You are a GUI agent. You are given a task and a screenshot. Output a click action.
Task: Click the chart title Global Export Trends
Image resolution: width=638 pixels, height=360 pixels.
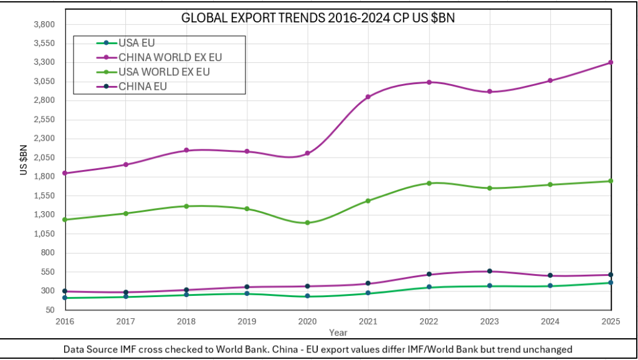coord(318,18)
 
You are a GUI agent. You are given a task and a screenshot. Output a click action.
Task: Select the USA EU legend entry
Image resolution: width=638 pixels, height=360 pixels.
coord(136,43)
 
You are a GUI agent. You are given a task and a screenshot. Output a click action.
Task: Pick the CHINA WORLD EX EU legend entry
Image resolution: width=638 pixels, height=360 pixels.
coord(170,57)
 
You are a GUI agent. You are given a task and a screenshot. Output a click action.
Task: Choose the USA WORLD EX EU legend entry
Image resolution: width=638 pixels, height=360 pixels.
coord(164,72)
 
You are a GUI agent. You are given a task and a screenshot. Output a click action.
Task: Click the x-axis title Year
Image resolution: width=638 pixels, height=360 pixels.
coord(338,332)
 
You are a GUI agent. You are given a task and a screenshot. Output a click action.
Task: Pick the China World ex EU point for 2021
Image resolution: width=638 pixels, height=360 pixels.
coord(368,97)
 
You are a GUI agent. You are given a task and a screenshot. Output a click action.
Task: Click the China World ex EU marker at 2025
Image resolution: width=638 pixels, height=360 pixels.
coord(611,62)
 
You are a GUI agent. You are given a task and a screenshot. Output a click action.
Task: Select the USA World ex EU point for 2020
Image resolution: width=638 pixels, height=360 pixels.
coord(308,222)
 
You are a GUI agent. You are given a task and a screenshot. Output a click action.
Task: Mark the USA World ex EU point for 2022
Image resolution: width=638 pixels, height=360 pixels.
coord(429,183)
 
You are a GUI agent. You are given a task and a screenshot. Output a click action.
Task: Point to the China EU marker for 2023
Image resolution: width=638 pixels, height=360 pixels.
coord(490,271)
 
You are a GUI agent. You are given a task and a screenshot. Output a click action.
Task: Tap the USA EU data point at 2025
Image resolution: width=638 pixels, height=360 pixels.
coord(611,283)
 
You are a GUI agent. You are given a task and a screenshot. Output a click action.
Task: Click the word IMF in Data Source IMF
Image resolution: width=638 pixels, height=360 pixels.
coord(124,349)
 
